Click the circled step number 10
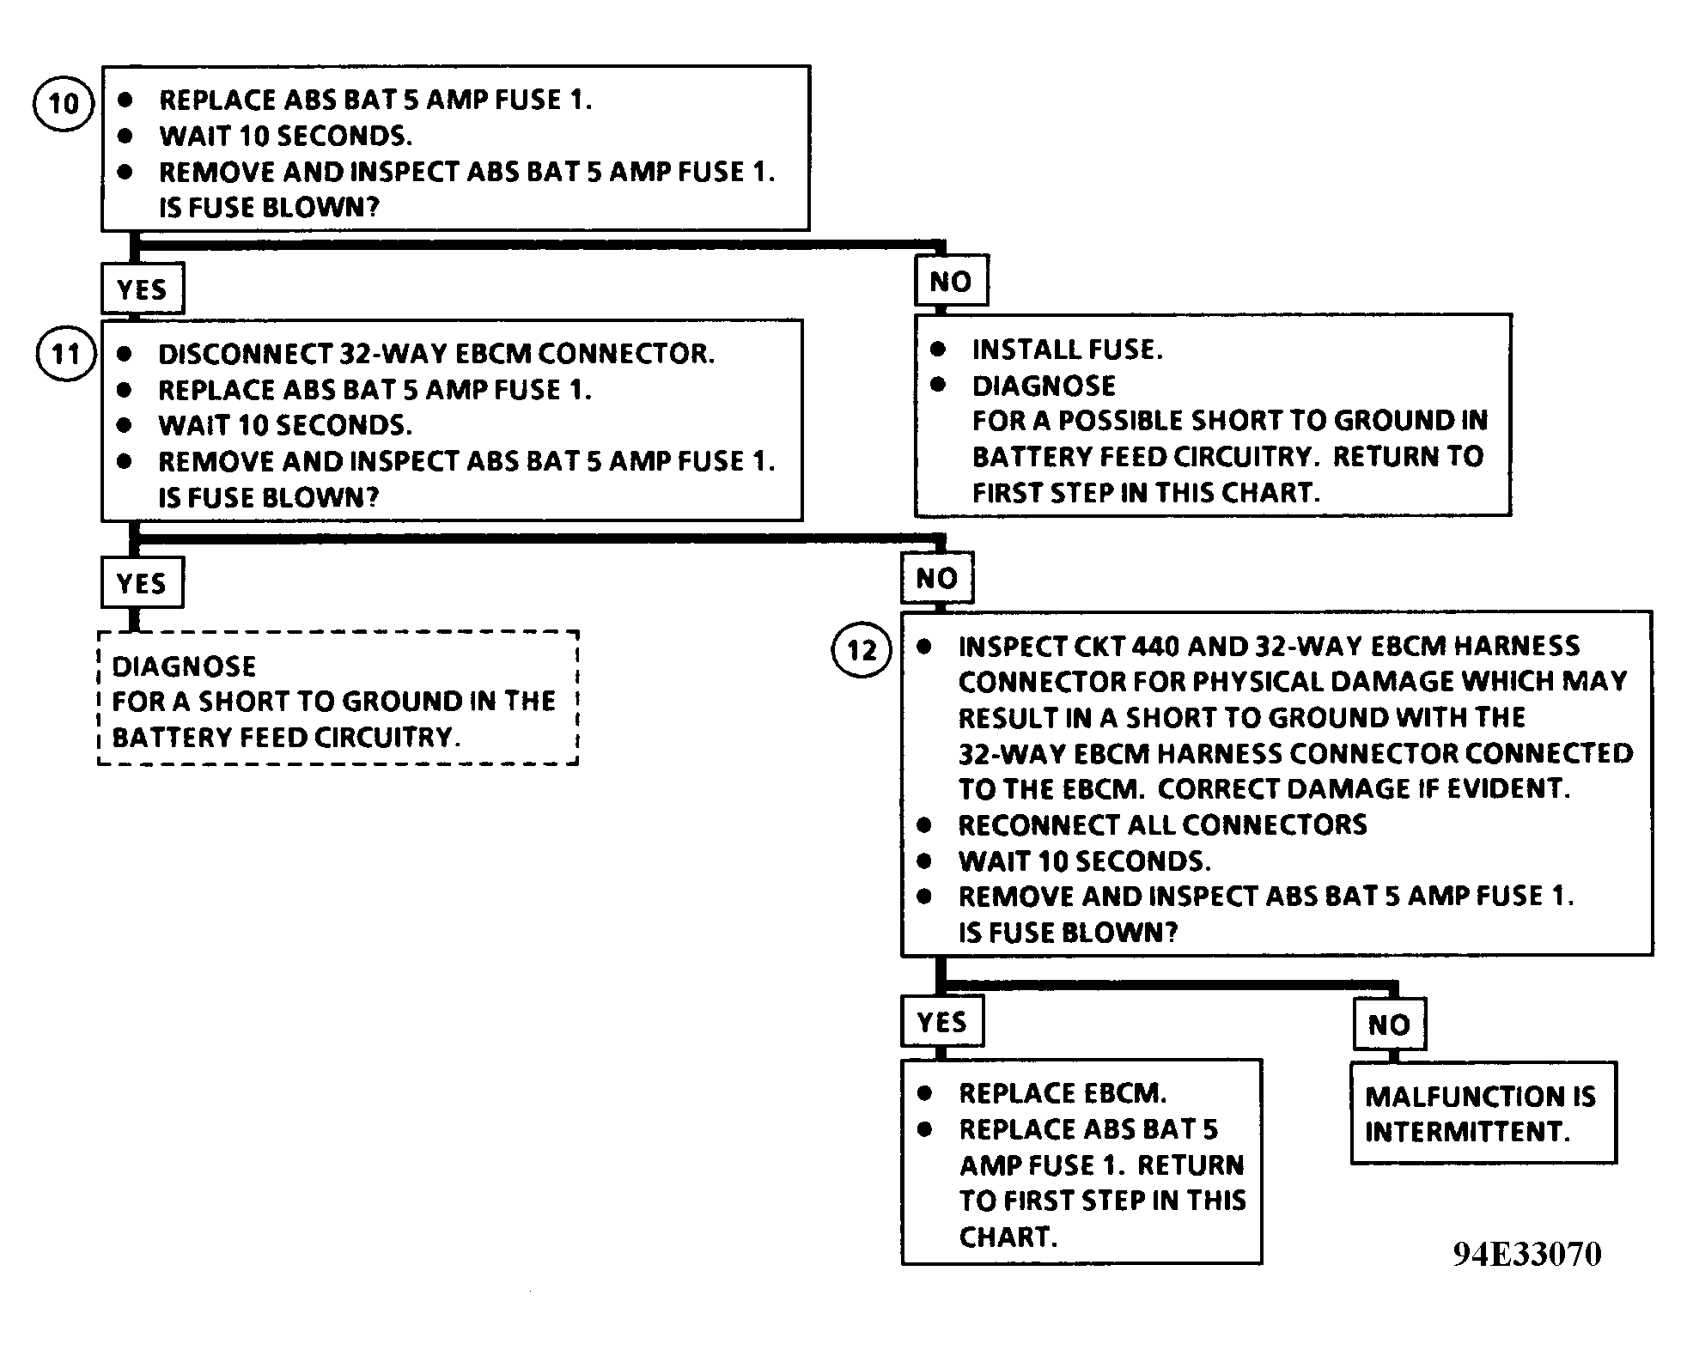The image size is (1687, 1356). pos(63,103)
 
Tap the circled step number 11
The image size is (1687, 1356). pos(66,354)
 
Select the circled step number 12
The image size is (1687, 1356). pos(862,650)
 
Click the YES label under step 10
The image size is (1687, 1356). pos(143,289)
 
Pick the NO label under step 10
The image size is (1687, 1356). pos(951,281)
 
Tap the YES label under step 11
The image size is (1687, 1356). pos(143,583)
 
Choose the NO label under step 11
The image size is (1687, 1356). pos(937,578)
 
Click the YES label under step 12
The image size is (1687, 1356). pos(942,1022)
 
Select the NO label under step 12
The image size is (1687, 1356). pos(1390,1024)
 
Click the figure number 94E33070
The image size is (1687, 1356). pos(1527,1254)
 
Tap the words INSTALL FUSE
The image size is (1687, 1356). pos(1068,350)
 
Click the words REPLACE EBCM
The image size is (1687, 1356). pos(1063,1092)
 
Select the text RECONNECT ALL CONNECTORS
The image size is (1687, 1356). pos(1163,825)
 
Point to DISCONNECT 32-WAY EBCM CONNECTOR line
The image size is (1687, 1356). pos(436,354)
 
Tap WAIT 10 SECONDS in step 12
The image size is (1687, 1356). pos(1085,861)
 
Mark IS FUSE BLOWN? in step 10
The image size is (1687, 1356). pos(269,208)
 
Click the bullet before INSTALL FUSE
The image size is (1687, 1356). pos(938,349)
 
